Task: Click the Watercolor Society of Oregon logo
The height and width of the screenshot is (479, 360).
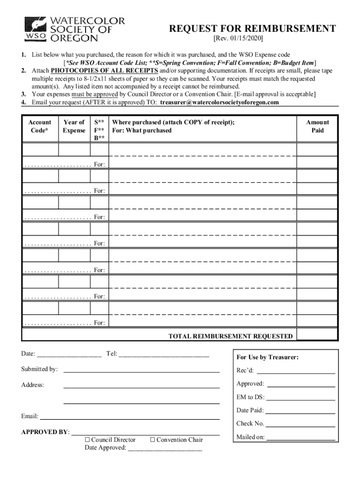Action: click(x=75, y=29)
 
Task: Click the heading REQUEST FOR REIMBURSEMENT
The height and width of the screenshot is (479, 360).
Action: click(x=252, y=29)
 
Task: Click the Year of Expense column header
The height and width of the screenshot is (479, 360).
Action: click(x=74, y=126)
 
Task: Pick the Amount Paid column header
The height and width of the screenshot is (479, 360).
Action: click(x=317, y=126)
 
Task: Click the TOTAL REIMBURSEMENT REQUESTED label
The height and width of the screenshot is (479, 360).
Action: click(x=230, y=336)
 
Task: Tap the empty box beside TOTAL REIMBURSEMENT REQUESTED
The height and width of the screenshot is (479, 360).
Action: click(x=317, y=335)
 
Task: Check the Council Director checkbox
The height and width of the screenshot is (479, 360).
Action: click(x=87, y=440)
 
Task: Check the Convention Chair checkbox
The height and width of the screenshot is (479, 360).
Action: click(x=152, y=440)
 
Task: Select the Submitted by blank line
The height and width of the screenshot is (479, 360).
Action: click(x=141, y=370)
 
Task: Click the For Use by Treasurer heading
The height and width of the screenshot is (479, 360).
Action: click(x=267, y=357)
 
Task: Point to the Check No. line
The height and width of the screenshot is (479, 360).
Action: click(x=300, y=424)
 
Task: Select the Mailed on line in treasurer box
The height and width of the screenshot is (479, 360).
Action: click(x=300, y=438)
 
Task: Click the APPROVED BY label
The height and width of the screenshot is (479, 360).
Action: click(x=45, y=432)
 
